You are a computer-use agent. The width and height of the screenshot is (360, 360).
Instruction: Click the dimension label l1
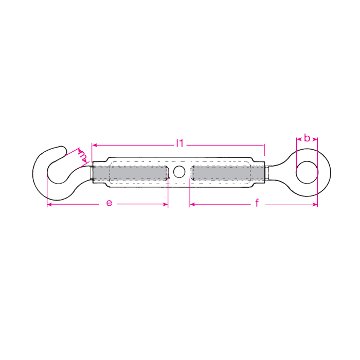tap(180, 143)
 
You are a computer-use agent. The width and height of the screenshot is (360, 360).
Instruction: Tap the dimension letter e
tap(109, 203)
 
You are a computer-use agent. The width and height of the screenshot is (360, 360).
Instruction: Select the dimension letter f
tap(257, 203)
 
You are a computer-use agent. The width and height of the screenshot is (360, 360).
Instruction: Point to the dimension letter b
tap(307, 138)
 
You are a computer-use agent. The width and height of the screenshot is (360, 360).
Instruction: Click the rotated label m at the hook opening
tap(83, 156)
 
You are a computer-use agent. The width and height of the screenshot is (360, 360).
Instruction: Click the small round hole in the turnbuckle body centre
tap(179, 171)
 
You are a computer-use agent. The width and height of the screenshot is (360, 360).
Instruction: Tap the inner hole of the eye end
tap(307, 172)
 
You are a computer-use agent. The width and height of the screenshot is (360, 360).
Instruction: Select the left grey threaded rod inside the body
tap(130, 173)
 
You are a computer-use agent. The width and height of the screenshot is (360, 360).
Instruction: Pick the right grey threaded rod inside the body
tap(228, 173)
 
